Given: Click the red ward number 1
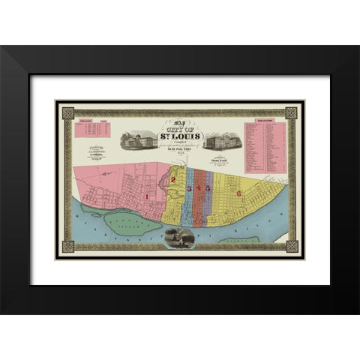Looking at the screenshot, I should (147, 196).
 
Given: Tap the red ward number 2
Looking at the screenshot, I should (173, 180).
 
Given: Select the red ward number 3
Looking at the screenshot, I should (190, 188).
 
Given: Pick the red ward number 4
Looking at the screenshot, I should (199, 188).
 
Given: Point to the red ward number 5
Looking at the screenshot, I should (208, 188).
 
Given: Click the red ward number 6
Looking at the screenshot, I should (238, 193).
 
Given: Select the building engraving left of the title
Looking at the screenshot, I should (143, 139).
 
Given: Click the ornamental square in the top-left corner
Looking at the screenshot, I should (68, 113).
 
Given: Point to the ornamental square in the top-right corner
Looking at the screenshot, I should (291, 113).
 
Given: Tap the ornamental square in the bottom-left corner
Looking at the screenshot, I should (68, 247).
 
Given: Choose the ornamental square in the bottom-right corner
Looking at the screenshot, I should (291, 247).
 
